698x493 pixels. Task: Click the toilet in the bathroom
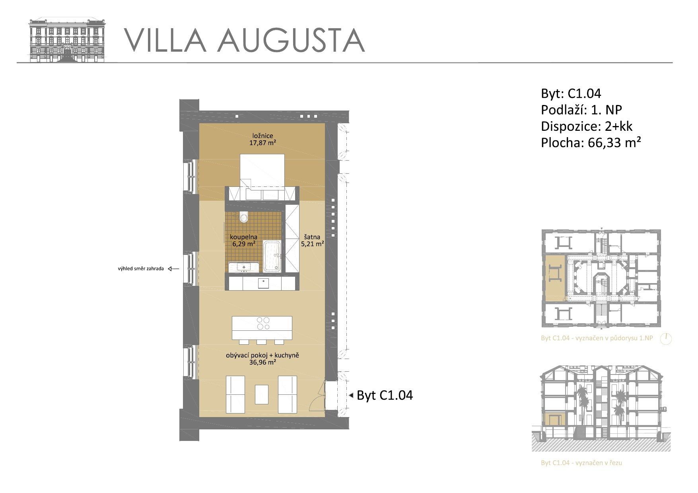coord(244,217)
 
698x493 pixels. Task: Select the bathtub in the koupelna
coord(272,256)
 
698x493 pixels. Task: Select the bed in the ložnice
coord(262,171)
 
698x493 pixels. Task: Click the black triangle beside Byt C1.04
coord(351,396)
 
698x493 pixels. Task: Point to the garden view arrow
coord(173,269)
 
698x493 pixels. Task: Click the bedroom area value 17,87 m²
coord(262,143)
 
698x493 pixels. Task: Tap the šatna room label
coord(312,237)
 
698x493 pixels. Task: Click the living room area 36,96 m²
coord(262,363)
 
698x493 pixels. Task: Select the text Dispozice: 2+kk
coord(587,126)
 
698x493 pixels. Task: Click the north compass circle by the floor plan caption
coord(666,339)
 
